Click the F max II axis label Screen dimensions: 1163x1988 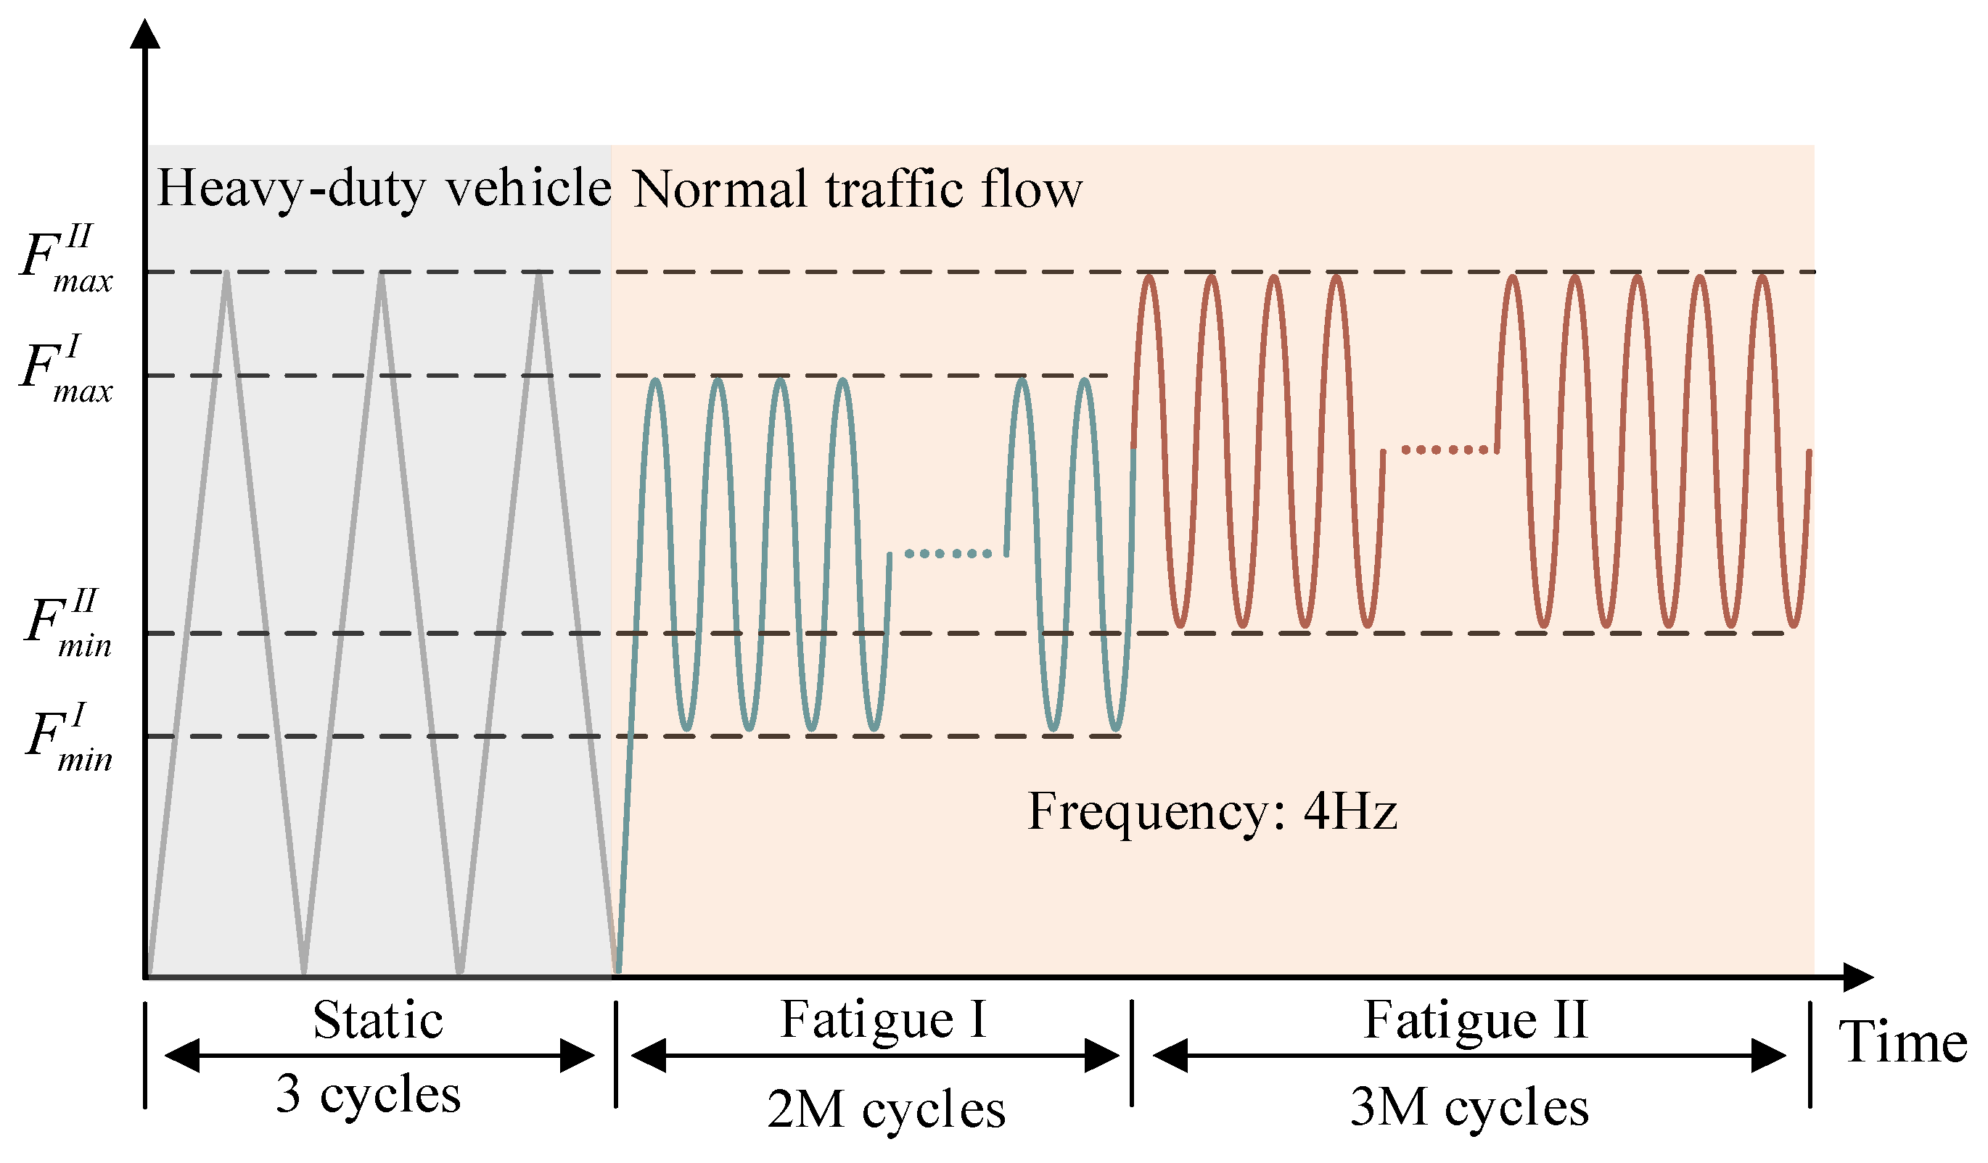[66, 259]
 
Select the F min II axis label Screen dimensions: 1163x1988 [68, 624]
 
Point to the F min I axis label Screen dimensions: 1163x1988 [68, 738]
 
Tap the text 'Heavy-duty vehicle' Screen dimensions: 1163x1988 [385, 189]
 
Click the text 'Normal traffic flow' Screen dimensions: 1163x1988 [858, 190]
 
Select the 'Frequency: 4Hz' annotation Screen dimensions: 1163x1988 [1212, 812]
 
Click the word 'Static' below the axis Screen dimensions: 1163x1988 [378, 1021]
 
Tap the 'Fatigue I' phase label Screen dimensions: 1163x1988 [884, 1020]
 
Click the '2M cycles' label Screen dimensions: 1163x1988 [886, 1109]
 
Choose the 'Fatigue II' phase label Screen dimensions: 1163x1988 [1475, 1020]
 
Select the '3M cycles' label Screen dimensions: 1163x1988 [1469, 1107]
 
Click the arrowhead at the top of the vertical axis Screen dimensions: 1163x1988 [145, 33]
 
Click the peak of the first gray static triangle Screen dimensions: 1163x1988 [226, 273]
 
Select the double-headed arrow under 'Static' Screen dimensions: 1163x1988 [379, 1056]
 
